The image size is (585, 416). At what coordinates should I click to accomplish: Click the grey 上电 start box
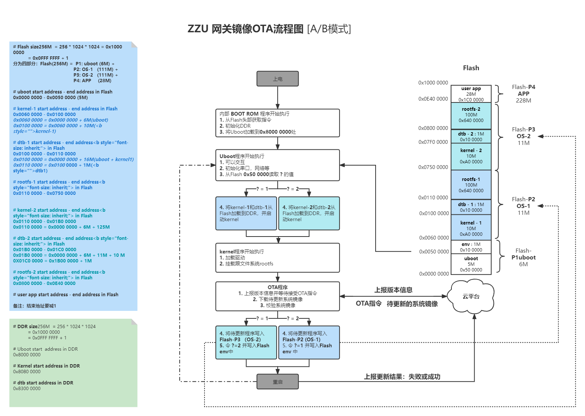[x=277, y=79]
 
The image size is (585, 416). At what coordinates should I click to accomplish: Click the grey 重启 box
[x=277, y=382]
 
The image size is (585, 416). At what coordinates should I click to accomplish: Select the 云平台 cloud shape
[x=471, y=297]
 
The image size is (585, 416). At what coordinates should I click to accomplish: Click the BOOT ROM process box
[x=277, y=123]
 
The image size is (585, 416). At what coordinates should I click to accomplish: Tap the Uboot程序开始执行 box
[x=277, y=165]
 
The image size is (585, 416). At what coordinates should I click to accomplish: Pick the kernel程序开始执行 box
[x=277, y=258]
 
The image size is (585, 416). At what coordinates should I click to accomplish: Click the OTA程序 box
[x=277, y=296]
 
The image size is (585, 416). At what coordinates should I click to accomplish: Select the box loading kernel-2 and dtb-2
[x=309, y=213]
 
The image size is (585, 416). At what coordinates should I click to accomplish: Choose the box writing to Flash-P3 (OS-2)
[x=246, y=342]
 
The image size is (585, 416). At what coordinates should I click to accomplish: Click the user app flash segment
[x=471, y=94]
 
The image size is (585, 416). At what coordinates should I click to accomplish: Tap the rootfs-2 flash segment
[x=471, y=115]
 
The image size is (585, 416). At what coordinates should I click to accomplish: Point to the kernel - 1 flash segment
[x=471, y=228]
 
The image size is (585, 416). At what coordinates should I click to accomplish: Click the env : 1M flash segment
[x=471, y=247]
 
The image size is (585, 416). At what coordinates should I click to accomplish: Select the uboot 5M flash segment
[x=471, y=264]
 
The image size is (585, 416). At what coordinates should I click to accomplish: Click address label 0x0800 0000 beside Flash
[x=433, y=128]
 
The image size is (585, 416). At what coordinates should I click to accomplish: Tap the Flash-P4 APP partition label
[x=523, y=93]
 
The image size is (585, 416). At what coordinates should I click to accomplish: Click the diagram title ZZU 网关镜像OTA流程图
[x=269, y=29]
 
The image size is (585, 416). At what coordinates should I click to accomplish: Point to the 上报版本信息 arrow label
[x=393, y=290]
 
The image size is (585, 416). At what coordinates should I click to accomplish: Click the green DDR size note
[x=73, y=363]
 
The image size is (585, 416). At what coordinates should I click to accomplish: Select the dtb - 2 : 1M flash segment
[x=471, y=137]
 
